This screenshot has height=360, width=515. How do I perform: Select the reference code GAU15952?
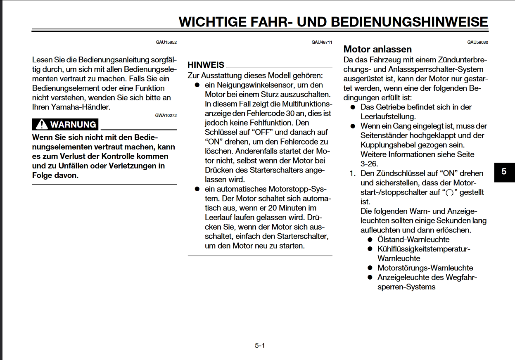(x=166, y=42)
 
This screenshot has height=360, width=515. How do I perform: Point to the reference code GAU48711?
(x=322, y=42)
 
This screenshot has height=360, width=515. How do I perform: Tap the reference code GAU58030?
(x=477, y=42)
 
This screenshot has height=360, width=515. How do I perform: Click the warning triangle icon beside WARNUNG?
(x=41, y=124)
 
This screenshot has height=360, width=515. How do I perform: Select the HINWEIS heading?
(x=206, y=65)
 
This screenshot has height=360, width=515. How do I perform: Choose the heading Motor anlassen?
(x=377, y=50)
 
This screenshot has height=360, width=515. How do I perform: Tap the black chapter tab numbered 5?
(x=504, y=171)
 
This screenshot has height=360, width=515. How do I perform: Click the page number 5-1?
(x=259, y=346)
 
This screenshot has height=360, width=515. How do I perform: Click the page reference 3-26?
(x=369, y=163)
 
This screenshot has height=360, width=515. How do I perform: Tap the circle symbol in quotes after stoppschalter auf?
(x=450, y=193)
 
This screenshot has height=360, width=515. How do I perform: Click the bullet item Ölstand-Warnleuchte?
(x=413, y=239)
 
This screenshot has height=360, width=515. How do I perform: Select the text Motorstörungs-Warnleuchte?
(x=425, y=268)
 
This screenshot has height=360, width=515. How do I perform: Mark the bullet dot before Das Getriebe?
(x=353, y=107)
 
